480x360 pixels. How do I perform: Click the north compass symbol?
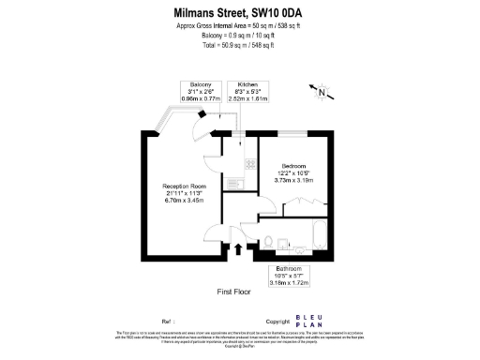[x=322, y=92]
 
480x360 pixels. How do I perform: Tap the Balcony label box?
[x=205, y=91]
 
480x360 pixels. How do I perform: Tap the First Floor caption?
[x=233, y=292]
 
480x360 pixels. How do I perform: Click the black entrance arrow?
[x=237, y=248]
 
